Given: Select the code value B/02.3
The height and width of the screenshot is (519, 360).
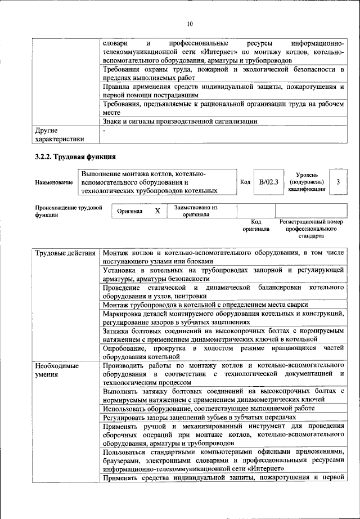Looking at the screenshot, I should pyautogui.click(x=269, y=182).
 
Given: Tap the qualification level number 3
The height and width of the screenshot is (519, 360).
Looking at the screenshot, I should pyautogui.click(x=337, y=182).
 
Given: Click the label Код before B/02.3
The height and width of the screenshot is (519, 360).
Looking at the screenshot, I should pyautogui.click(x=245, y=182).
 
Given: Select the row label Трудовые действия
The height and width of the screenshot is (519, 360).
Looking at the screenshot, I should pyautogui.click(x=65, y=253).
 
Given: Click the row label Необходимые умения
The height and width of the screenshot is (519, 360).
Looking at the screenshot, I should pyautogui.click(x=55, y=370).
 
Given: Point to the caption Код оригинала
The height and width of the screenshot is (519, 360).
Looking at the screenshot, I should pyautogui.click(x=256, y=226).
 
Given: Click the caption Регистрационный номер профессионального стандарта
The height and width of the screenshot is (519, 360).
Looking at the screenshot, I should pyautogui.click(x=310, y=229).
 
